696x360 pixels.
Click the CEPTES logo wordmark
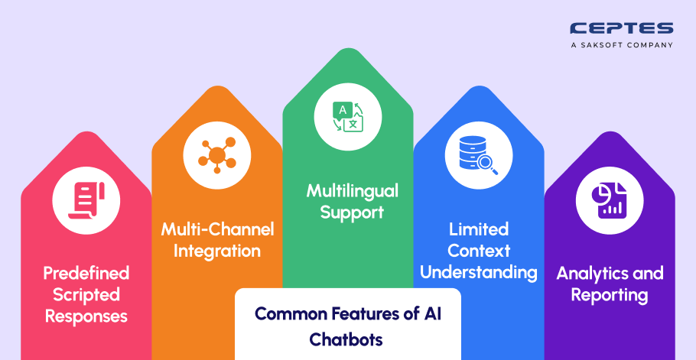[x=621, y=29]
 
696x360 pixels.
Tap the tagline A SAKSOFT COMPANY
[x=621, y=45]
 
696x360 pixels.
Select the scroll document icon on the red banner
[x=86, y=200]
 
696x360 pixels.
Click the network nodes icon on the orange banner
[x=217, y=155]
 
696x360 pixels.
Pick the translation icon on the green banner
[x=348, y=117]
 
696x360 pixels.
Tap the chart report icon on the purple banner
[x=609, y=201]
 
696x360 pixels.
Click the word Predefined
[x=86, y=273]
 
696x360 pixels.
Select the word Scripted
[x=86, y=295]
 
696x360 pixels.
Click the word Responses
[x=86, y=316]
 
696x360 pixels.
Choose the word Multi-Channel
[x=217, y=229]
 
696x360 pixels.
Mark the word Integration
[x=217, y=251]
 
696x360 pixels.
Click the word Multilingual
[x=352, y=192]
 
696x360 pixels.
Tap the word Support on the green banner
[x=352, y=213]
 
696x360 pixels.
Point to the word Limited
[x=479, y=229]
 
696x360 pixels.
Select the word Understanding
[x=479, y=273]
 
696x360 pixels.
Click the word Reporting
[x=610, y=295]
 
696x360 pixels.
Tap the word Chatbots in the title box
[x=346, y=339]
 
